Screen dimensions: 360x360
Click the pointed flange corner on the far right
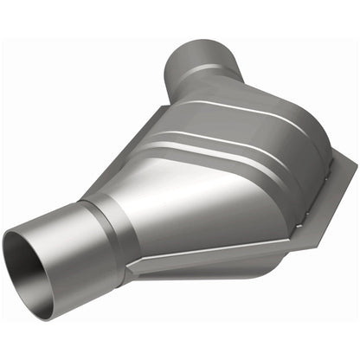pyautogui.click(x=352, y=174)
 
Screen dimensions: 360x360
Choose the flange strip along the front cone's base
pyautogui.click(x=208, y=260)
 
